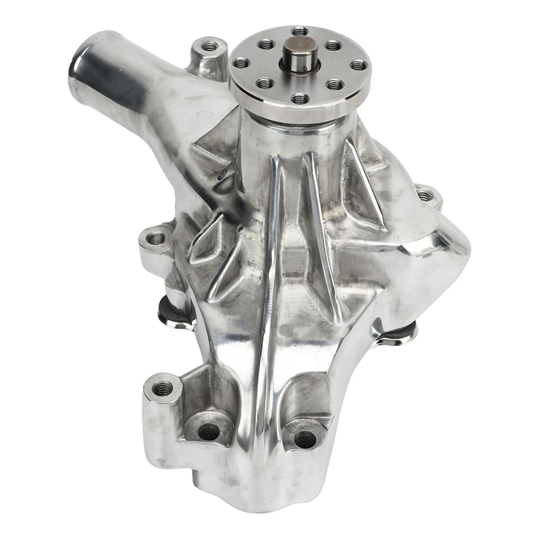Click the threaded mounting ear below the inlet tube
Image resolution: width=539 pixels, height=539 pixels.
(156, 239)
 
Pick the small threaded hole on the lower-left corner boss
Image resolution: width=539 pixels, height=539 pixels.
(162, 388)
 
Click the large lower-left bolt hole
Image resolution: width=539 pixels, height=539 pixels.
(208, 431)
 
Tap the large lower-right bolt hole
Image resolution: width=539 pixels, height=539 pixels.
(305, 439)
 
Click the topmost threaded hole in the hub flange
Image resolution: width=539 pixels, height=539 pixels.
(300, 31)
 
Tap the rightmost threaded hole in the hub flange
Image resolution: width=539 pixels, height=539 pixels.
(358, 65)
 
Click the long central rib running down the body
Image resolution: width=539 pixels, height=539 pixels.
(275, 281)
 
